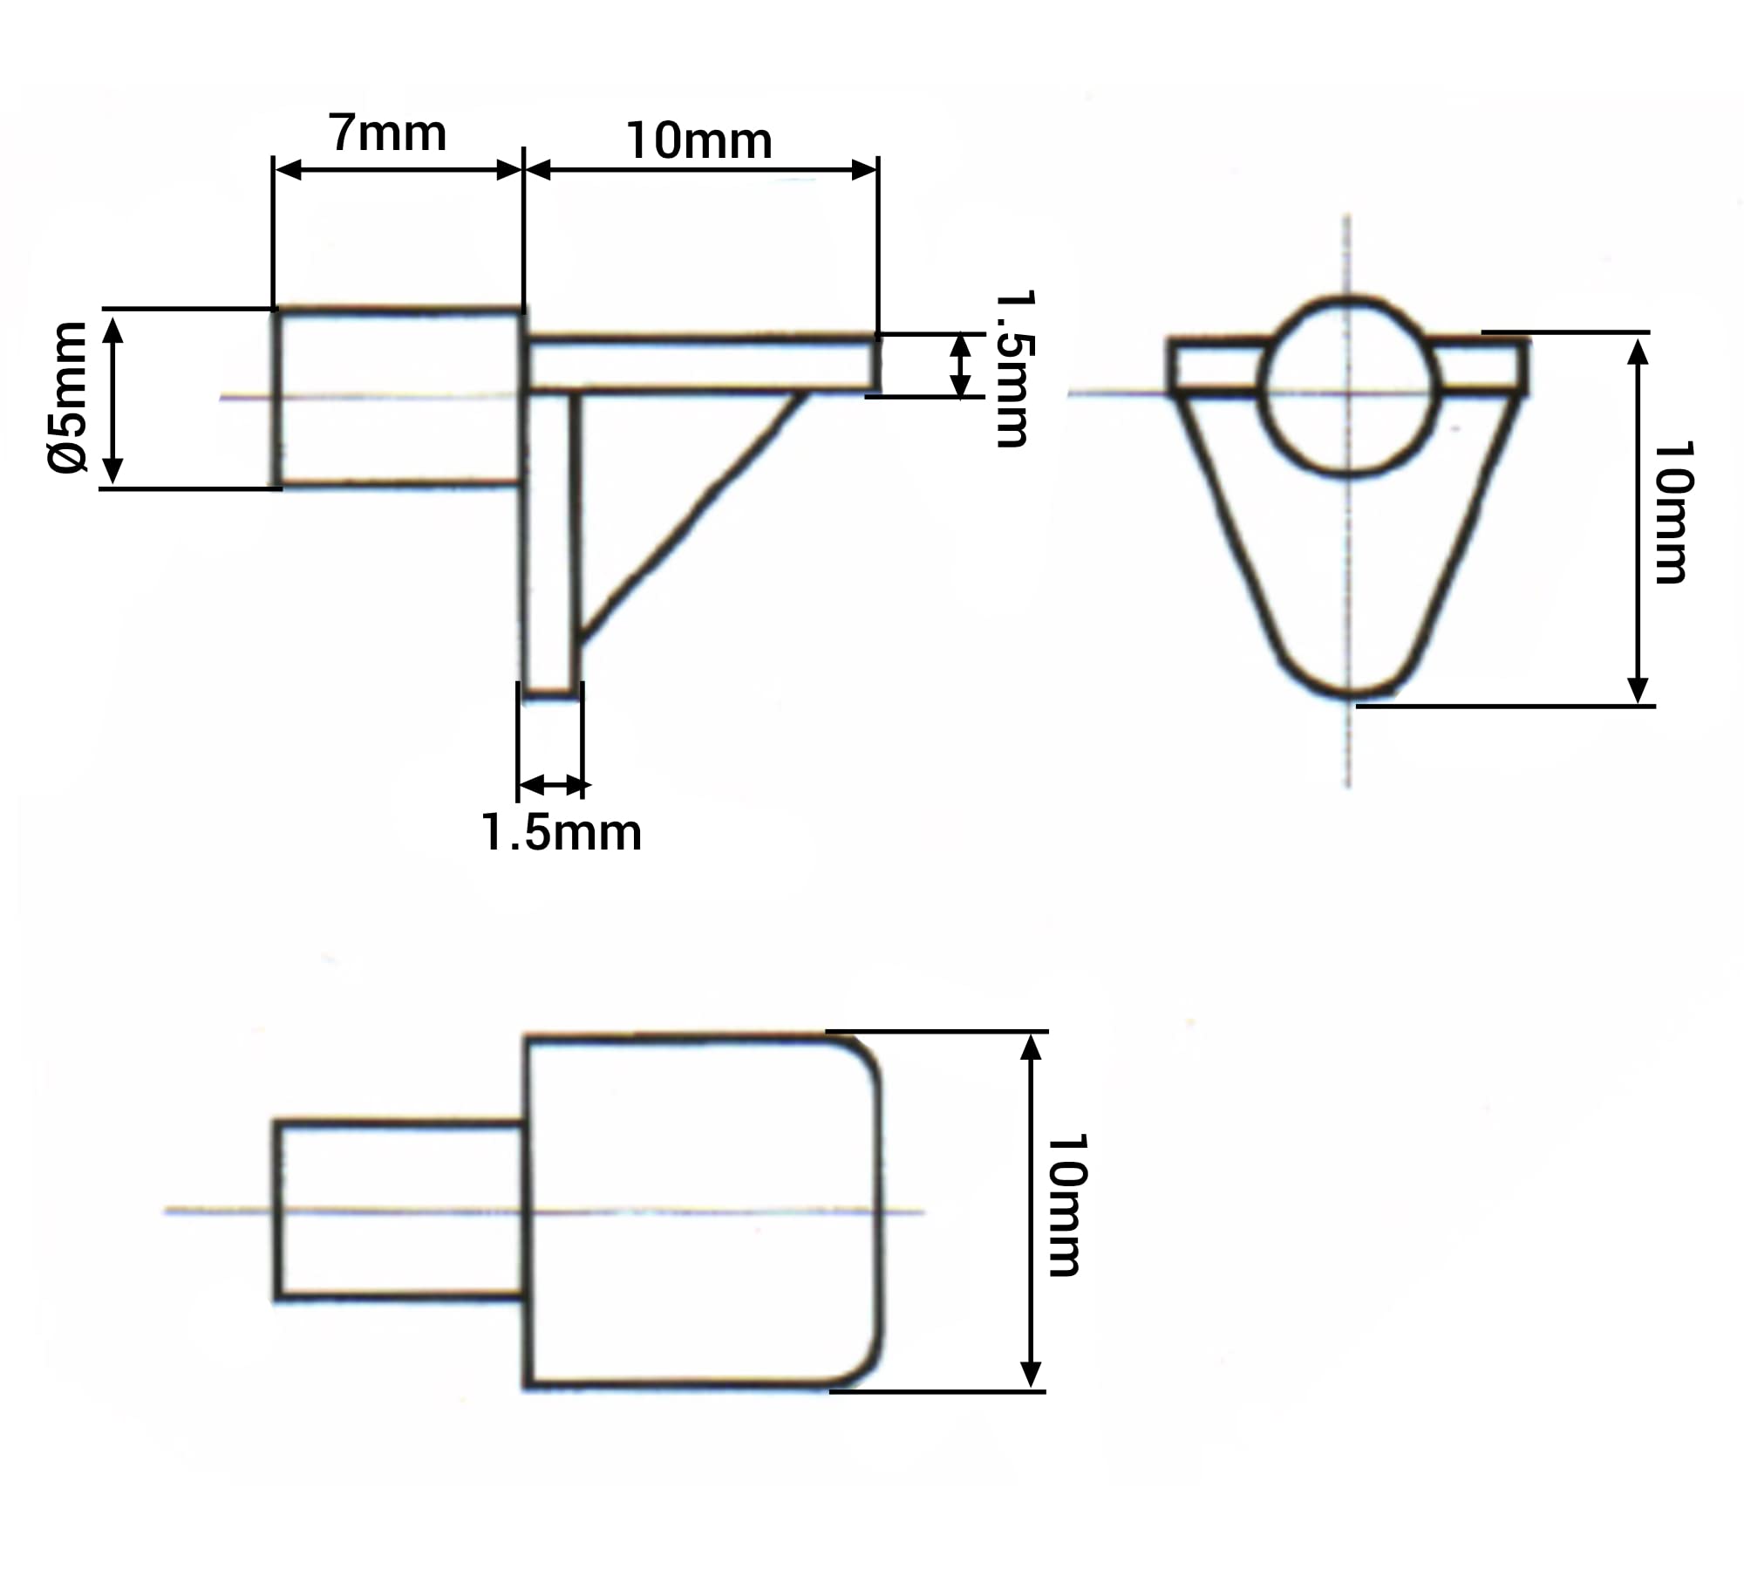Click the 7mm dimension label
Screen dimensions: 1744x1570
[388, 133]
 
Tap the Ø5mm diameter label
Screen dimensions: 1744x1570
[68, 397]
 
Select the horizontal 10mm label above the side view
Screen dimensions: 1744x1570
[699, 141]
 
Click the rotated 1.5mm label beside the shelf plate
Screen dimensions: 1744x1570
[1013, 369]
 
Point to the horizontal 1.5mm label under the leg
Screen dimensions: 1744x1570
[562, 832]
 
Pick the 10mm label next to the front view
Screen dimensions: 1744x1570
[1673, 512]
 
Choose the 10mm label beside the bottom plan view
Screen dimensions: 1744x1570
[1066, 1205]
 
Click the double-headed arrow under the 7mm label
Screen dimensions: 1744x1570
[398, 170]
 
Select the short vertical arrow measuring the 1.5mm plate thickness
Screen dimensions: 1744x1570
[960, 365]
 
